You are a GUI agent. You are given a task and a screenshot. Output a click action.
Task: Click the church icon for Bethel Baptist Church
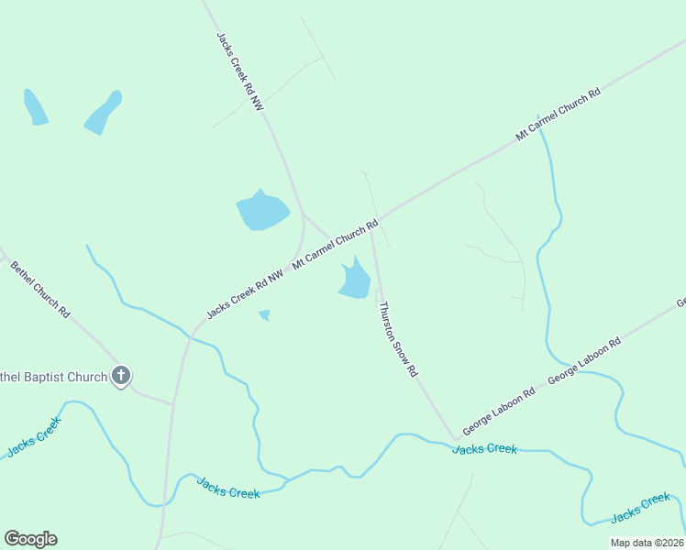[x=121, y=375]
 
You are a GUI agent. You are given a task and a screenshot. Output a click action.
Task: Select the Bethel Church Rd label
[x=40, y=289]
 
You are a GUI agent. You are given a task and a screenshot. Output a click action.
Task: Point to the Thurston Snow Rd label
[x=399, y=339]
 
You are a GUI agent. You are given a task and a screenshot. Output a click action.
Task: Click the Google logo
[x=30, y=539]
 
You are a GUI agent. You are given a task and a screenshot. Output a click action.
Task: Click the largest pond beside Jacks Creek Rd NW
[x=261, y=212]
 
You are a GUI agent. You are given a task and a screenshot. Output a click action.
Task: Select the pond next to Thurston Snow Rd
[x=355, y=279]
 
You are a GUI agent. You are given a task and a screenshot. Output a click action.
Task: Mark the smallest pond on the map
[x=265, y=315]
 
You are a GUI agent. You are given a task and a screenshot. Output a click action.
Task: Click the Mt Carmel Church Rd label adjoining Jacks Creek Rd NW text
[x=336, y=244]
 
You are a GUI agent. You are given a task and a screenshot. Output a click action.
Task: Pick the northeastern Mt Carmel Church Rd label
[x=558, y=114]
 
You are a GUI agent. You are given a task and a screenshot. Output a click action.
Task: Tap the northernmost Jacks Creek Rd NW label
[x=240, y=72]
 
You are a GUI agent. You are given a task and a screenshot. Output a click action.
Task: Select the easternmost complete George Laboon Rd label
[x=584, y=360]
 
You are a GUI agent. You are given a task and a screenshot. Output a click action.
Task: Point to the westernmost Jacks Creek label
[x=34, y=436]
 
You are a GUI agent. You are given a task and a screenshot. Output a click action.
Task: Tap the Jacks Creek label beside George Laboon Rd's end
[x=485, y=448]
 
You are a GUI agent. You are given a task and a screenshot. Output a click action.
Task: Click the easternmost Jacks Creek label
[x=641, y=505]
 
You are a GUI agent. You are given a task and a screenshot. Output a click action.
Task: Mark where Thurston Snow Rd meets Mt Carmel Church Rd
[x=372, y=225]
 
